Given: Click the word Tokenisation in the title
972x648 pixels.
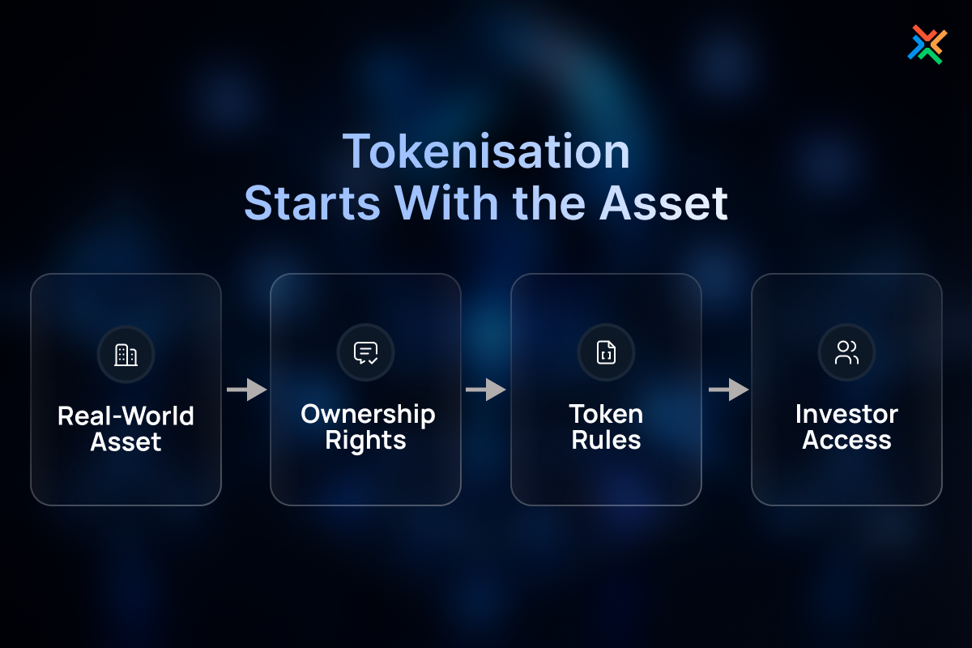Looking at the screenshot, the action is point(486,151).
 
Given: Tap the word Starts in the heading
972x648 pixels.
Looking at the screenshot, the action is point(313,203).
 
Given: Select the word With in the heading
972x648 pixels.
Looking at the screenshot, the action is point(446,202).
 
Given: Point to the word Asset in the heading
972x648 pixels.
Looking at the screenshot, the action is point(663,203).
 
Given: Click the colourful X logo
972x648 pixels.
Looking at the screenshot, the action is point(927,45).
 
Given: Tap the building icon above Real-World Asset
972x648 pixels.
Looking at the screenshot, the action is point(126,355).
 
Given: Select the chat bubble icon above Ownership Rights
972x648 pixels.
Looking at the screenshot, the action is point(366,353).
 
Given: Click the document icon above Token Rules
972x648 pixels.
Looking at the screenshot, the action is point(606,352).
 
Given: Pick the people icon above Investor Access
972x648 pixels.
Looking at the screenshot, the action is point(846,352).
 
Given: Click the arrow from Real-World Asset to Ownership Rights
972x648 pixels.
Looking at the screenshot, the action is point(247,390).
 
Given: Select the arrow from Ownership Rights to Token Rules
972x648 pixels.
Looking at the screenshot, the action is point(486,390).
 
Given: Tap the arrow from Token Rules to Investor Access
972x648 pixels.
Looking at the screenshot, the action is point(729,390).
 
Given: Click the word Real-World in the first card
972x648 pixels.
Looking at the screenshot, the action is point(126,416).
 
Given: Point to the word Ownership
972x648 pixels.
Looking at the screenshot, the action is point(368,416).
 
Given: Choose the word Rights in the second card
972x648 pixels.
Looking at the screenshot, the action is point(366,441).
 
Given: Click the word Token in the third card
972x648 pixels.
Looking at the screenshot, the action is point(606,414).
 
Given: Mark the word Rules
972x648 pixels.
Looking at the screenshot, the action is point(606,440).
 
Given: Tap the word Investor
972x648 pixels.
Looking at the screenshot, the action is point(846,414).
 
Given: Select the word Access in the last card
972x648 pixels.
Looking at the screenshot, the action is point(846,440).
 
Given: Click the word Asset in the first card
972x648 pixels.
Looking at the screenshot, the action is point(126,441).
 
